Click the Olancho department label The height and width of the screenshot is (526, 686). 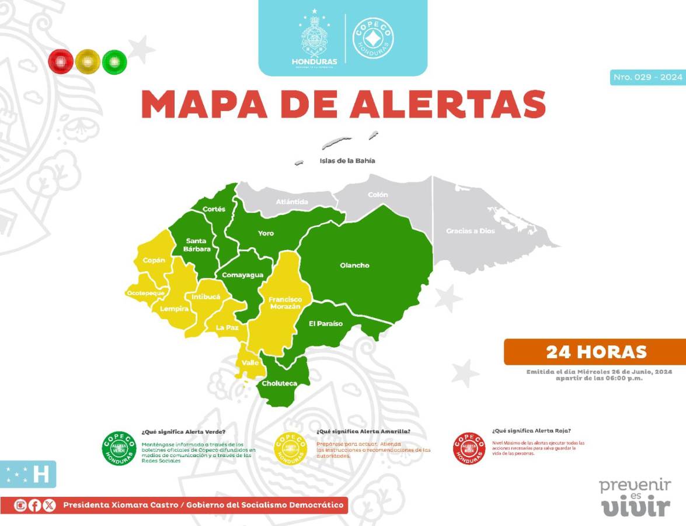pyautogui.click(x=354, y=265)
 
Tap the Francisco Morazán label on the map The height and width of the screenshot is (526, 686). pyautogui.click(x=284, y=303)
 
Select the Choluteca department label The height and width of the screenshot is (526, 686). pyautogui.click(x=279, y=383)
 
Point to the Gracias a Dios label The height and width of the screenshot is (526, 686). pyautogui.click(x=470, y=231)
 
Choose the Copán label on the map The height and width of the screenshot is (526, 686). pyautogui.click(x=154, y=260)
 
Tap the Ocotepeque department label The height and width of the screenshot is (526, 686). pyautogui.click(x=147, y=292)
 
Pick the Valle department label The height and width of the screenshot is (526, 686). pyautogui.click(x=250, y=363)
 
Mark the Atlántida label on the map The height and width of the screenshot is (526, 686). pyautogui.click(x=292, y=202)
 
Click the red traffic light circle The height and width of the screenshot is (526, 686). pyautogui.click(x=61, y=61)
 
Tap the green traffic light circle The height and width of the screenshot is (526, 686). pyautogui.click(x=114, y=61)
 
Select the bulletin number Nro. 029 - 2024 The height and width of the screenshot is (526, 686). pyautogui.click(x=647, y=77)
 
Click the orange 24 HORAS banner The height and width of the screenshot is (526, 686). pyautogui.click(x=596, y=352)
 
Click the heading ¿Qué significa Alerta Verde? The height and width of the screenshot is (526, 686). pyautogui.click(x=183, y=431)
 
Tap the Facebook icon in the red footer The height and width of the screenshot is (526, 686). pyautogui.click(x=35, y=505)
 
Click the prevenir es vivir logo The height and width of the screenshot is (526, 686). pyautogui.click(x=635, y=498)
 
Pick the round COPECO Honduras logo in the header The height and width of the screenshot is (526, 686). pyautogui.click(x=373, y=37)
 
